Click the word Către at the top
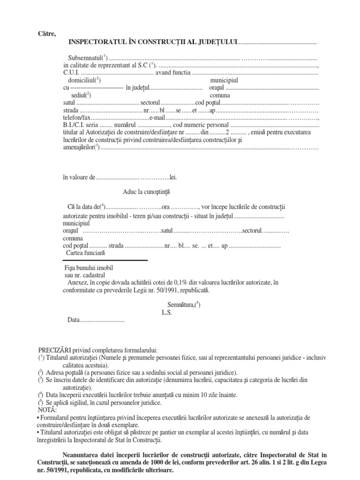click(46, 33)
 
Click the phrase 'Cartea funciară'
click(86, 253)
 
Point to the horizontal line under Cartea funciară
click(105, 260)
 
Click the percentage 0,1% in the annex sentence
click(180, 282)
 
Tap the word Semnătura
click(182, 305)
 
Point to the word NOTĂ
click(46, 410)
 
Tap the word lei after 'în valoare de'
click(173, 178)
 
